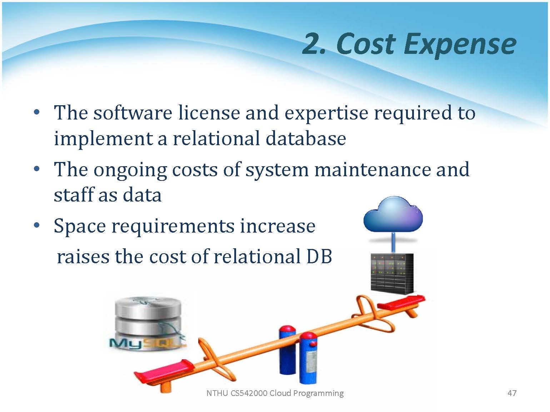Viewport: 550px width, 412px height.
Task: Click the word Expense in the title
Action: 460,45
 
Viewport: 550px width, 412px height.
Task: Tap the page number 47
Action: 512,393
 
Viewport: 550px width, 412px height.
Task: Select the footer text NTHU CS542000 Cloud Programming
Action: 275,393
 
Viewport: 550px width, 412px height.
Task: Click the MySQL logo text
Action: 148,343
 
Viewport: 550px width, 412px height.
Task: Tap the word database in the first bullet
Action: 306,138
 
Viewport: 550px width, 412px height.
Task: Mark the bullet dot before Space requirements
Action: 37,225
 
